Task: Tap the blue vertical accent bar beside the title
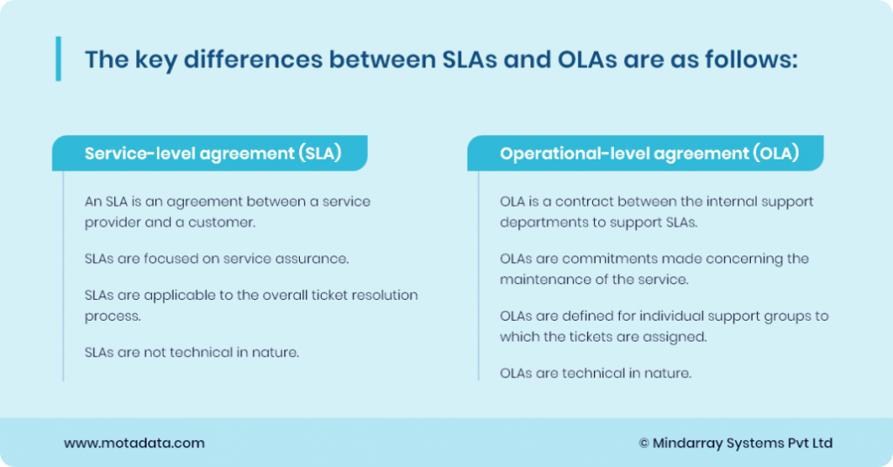[x=58, y=59]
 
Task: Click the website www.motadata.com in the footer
[x=133, y=443]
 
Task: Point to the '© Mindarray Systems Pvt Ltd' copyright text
[x=736, y=443]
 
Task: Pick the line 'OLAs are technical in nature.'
[x=595, y=373]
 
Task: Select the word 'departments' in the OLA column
[x=539, y=222]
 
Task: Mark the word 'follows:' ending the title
[x=760, y=60]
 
